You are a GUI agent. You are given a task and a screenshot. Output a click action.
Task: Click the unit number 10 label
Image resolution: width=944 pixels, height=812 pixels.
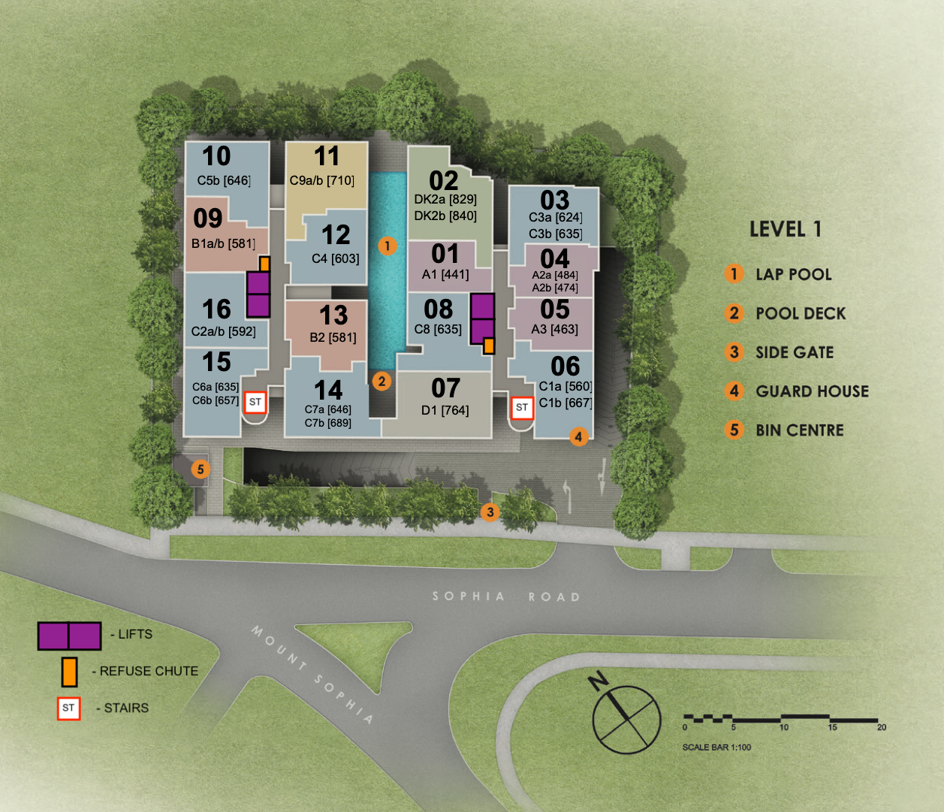(216, 156)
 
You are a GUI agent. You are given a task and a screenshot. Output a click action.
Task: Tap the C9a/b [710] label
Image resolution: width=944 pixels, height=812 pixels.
(322, 181)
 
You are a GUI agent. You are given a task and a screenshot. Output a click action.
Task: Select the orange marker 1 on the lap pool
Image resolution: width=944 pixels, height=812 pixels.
(387, 246)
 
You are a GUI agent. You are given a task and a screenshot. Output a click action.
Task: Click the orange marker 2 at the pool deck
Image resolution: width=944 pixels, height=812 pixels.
(382, 382)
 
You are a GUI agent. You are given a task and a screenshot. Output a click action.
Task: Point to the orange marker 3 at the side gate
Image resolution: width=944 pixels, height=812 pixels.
(490, 512)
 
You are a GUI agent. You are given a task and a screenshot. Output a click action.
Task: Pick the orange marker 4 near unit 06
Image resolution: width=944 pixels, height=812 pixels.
(578, 436)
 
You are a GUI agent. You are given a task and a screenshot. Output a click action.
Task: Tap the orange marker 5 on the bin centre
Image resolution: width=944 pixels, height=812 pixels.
(201, 469)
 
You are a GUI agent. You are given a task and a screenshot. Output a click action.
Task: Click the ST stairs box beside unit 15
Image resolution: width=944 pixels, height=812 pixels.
(255, 402)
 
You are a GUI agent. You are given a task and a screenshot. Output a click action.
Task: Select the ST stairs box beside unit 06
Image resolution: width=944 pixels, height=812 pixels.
(522, 407)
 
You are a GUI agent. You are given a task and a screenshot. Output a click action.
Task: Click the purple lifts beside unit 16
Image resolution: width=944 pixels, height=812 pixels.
(258, 294)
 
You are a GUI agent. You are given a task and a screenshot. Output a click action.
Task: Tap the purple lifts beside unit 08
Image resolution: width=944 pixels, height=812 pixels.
(482, 318)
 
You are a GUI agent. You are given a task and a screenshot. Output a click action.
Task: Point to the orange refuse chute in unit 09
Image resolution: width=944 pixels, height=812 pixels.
(264, 264)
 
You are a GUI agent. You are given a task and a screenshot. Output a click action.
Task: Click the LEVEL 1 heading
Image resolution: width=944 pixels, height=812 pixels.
(786, 230)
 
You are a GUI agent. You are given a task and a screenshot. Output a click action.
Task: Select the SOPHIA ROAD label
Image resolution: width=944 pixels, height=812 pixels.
(506, 596)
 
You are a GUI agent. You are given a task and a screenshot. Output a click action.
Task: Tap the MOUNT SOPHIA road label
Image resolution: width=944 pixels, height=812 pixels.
(312, 674)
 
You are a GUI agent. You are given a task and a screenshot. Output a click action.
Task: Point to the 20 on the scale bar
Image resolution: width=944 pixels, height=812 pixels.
(882, 727)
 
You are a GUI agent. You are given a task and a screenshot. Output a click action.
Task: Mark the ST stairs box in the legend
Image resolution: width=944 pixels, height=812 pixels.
(69, 708)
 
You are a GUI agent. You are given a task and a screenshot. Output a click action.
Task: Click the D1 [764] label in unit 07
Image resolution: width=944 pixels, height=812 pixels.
(445, 411)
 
